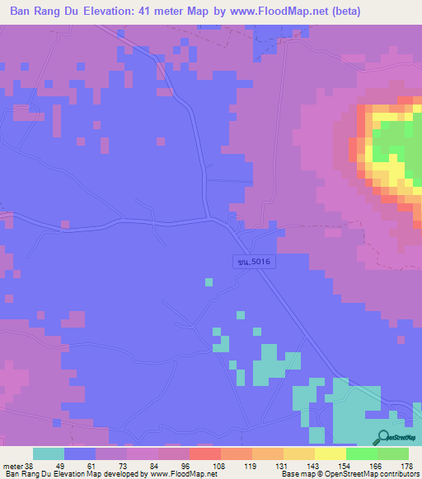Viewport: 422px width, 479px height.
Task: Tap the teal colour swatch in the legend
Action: click(x=48, y=453)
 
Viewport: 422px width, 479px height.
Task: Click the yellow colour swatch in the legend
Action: click(x=330, y=453)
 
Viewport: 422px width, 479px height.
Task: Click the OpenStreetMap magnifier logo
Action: click(x=382, y=438)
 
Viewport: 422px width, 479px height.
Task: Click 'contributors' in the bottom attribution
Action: click(x=397, y=474)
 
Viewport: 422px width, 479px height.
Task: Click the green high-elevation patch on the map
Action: click(x=396, y=140)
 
